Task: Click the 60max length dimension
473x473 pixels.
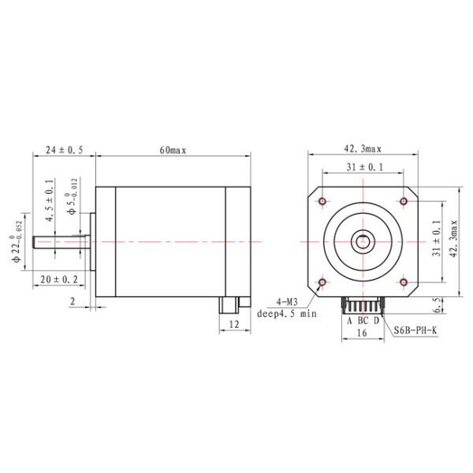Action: tap(173, 150)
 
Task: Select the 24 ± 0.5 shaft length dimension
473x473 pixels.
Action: tap(64, 150)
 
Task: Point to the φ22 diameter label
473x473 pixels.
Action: tap(14, 240)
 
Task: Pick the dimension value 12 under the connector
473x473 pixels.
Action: tap(233, 324)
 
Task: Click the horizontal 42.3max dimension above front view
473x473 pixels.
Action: tap(363, 147)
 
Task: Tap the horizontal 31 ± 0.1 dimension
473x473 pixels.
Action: tap(363, 167)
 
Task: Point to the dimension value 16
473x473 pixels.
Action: tap(363, 333)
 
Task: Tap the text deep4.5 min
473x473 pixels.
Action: tap(286, 314)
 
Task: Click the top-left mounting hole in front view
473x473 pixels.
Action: tap(322, 201)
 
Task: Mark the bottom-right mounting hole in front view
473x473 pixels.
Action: tap(404, 281)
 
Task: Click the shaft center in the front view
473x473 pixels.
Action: tap(363, 241)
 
